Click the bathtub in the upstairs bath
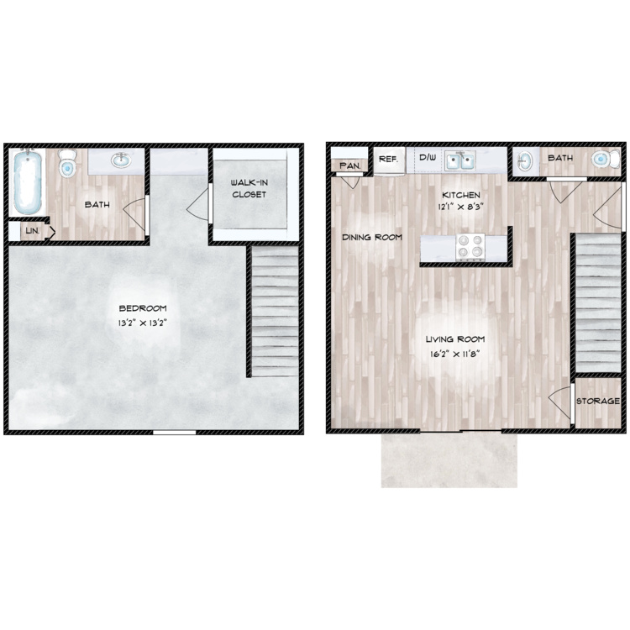28,182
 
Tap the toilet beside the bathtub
67,164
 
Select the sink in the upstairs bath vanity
121,160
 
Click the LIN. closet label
33,231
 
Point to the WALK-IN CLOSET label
249,188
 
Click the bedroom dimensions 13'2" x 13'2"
142,323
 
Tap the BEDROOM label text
143,308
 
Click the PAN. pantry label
350,165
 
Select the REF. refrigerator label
389,159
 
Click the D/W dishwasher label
428,157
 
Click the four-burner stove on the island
470,247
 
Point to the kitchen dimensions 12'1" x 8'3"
460,207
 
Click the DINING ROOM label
372,238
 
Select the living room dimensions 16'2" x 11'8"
454,354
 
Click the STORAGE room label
598,401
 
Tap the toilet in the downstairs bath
606,159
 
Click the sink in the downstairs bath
525,161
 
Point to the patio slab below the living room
449,460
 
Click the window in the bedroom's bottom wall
175,433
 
